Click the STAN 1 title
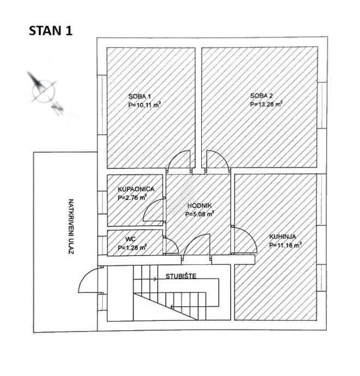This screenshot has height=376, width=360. coord(50,31)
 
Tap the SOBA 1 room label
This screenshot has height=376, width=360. coord(136,96)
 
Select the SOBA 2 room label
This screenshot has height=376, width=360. coord(260,96)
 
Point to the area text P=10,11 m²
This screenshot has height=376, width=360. coord(145,104)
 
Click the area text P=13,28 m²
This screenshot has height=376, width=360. coord(266,104)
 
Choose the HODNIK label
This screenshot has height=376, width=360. coord(199,206)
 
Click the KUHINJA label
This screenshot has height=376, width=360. coord(283,237)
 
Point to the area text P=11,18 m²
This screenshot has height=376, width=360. coord(285,245)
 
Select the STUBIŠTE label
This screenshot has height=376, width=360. coord(178,276)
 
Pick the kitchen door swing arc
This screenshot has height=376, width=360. coord(244,240)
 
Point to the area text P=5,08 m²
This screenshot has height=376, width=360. coord(199,214)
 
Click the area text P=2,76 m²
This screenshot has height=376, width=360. coord(132,197)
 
